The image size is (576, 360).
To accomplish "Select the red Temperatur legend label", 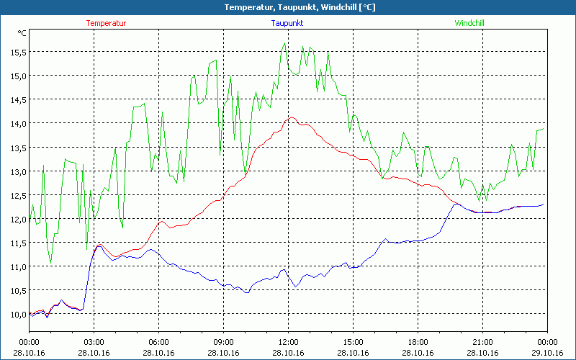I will [x=106, y=23].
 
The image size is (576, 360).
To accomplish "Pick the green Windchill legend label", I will [x=469, y=23].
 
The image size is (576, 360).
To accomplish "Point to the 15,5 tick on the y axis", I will [x=18, y=52].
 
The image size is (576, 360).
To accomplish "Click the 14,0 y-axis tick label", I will [x=18, y=123].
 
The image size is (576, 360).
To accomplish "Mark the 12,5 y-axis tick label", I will [x=18, y=195].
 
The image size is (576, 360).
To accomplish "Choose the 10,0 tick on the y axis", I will [x=18, y=315].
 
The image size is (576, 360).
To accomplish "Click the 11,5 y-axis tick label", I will [x=18, y=243].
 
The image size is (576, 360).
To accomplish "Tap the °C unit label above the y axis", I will [x=22, y=33].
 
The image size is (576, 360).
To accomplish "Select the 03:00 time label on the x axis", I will [x=94, y=342].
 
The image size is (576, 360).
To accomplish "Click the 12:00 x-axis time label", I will [x=288, y=342].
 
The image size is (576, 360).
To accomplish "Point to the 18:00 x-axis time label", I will [x=418, y=342].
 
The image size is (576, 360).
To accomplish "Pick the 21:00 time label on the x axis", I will [x=482, y=342].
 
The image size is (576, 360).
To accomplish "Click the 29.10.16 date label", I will [x=547, y=352].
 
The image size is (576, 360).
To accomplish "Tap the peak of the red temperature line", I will [x=292, y=117].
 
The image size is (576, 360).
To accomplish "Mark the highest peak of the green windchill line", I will [x=285, y=43].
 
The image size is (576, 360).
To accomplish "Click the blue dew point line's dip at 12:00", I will [x=295, y=287].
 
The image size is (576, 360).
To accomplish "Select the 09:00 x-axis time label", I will [x=223, y=342].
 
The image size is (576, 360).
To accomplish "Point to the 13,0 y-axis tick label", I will [x=18, y=171].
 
